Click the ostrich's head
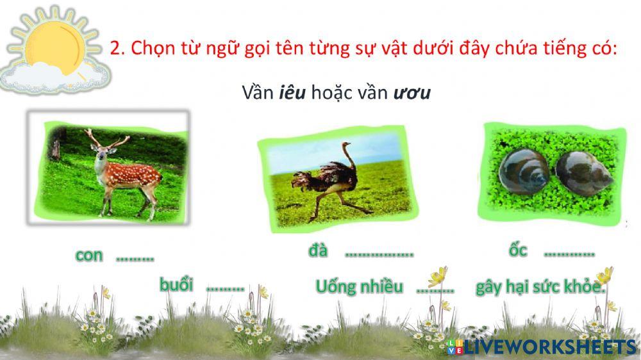pyautogui.click(x=347, y=145)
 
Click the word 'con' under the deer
pyautogui.click(x=89, y=255)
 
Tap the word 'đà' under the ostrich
pyautogui.click(x=318, y=250)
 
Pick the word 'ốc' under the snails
pyautogui.click(x=518, y=250)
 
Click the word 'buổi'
pyautogui.click(x=177, y=284)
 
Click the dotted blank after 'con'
pyautogui.click(x=135, y=258)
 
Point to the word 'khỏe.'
pyautogui.click(x=584, y=287)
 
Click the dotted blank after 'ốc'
pyautogui.click(x=569, y=254)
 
